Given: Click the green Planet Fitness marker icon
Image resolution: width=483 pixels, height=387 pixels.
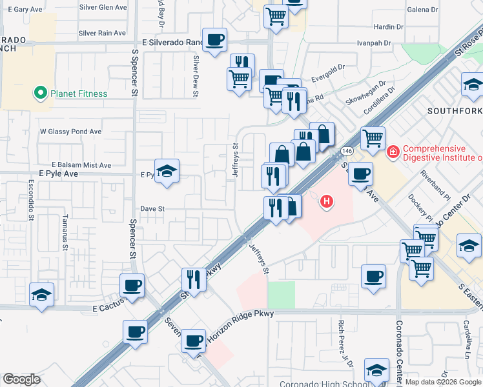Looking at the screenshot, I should coord(41,94).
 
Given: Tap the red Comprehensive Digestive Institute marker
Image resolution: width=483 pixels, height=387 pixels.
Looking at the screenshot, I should coord(392,152).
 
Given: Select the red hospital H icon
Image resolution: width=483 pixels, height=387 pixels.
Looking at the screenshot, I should coord(327,202).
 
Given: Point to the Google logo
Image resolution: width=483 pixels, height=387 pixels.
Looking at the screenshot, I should coord(21,379).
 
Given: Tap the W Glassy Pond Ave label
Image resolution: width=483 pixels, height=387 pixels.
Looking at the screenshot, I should coord(70,132).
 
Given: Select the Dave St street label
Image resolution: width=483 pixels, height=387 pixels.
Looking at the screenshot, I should coord(153,209).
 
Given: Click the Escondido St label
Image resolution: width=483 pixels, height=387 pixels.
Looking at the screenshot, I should coord(31,204).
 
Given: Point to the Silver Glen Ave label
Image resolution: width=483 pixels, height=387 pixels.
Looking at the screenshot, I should coord(103,7).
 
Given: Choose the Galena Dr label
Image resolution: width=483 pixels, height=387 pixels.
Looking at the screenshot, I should coord(422,10).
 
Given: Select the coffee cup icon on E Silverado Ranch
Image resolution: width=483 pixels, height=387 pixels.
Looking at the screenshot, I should coord(214,39).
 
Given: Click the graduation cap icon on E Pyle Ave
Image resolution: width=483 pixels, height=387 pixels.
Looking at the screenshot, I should coord(167,171).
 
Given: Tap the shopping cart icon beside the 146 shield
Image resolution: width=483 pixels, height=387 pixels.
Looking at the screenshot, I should coord(373,138).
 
